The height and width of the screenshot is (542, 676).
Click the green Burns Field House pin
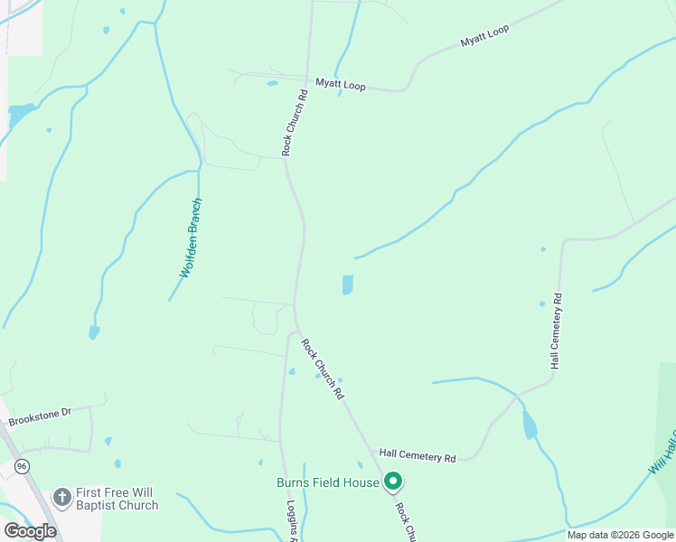pyautogui.click(x=392, y=481)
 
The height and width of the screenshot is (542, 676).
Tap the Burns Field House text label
pyautogui.click(x=327, y=483)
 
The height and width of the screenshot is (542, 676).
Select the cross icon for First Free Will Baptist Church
pyautogui.click(x=61, y=498)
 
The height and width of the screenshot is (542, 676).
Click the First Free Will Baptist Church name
pyautogui.click(x=117, y=499)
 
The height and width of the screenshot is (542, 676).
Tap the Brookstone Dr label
pyautogui.click(x=40, y=416)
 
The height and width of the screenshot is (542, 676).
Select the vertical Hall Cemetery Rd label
pyautogui.click(x=556, y=330)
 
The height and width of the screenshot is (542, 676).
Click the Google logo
pyautogui.click(x=31, y=530)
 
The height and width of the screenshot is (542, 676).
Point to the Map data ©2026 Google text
pyautogui.click(x=620, y=535)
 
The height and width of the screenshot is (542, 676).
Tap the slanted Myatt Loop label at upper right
pyautogui.click(x=484, y=36)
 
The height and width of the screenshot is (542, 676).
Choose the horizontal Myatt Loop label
pyautogui.click(x=340, y=84)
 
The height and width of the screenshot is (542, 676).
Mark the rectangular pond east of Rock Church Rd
pyautogui.click(x=348, y=285)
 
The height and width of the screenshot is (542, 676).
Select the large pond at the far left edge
pyautogui.click(x=19, y=115)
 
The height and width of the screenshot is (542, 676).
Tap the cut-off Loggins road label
pyautogui.click(x=293, y=520)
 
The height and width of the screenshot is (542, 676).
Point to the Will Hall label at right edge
pyautogui.click(x=662, y=455)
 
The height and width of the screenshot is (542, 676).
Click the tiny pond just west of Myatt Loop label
pyautogui.click(x=272, y=83)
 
